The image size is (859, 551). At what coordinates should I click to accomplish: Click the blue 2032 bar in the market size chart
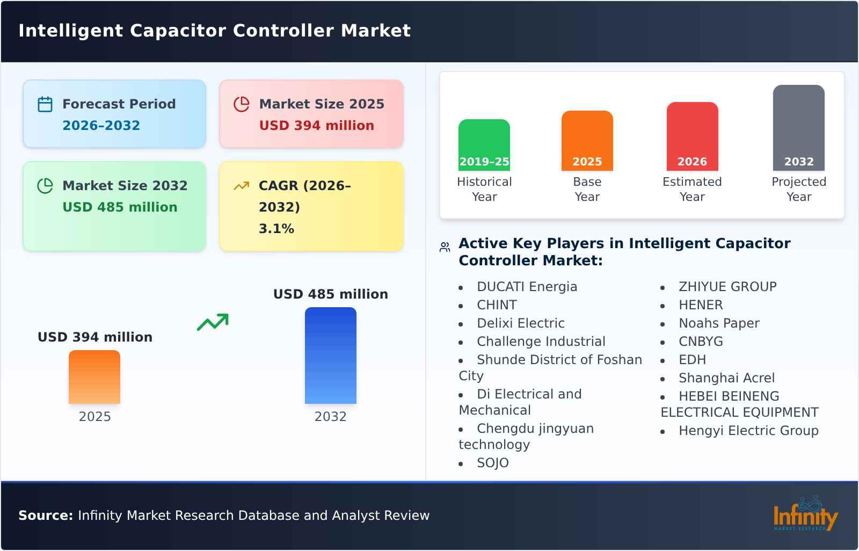(x=330, y=355)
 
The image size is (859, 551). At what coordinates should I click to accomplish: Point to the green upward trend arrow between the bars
(x=213, y=322)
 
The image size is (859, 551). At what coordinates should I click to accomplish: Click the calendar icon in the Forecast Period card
(x=45, y=104)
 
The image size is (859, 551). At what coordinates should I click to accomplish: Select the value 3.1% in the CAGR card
(x=276, y=229)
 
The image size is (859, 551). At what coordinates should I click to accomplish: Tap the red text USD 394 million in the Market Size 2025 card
(x=316, y=126)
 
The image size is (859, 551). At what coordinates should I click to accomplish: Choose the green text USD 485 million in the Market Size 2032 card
(x=120, y=207)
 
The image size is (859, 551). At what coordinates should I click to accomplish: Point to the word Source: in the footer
(x=45, y=516)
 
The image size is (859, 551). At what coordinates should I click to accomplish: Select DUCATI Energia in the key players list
(x=527, y=287)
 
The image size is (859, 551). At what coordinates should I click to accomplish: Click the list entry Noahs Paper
(x=718, y=323)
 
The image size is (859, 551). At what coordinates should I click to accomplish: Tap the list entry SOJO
(x=492, y=463)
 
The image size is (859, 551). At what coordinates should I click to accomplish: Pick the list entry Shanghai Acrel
(x=726, y=378)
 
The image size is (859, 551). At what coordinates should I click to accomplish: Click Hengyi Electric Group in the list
(x=748, y=431)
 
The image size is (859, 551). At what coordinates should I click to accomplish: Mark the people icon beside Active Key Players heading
(x=445, y=247)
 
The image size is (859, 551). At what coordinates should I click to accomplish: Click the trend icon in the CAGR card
(x=241, y=186)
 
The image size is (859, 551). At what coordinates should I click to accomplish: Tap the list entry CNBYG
(x=700, y=342)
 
